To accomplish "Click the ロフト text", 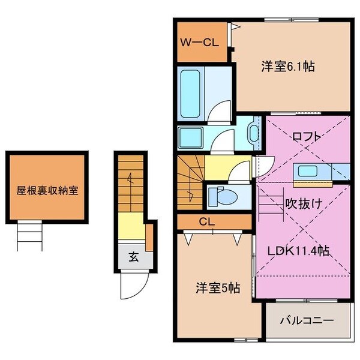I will tap(305, 136).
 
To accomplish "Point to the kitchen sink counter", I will tap(312, 170).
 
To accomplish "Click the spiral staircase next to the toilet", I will tap(191, 182).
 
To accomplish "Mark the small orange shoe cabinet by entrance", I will tap(149, 237).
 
